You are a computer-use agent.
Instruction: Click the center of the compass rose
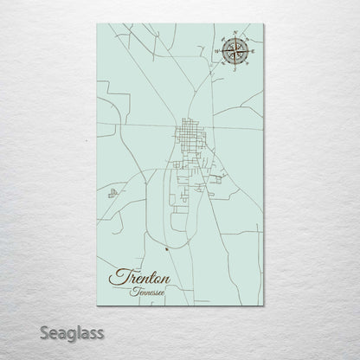[235, 53]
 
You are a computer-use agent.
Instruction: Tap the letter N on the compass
[235, 36]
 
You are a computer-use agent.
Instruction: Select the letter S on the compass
[235, 69]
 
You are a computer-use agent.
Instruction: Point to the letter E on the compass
[252, 53]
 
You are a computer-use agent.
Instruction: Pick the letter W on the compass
[219, 53]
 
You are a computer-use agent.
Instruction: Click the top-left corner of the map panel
[97, 24]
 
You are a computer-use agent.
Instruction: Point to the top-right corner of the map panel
[263, 24]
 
